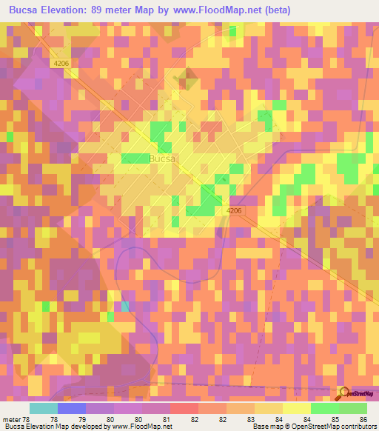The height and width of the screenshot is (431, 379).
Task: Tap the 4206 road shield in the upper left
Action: [61, 64]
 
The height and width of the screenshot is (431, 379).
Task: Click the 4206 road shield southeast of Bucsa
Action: [234, 211]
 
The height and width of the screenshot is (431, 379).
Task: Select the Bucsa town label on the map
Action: [163, 159]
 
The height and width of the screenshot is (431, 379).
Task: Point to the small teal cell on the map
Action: [124, 306]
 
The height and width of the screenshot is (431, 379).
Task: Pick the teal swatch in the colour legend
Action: [44, 408]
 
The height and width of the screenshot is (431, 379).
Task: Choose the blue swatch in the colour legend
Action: [72, 408]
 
